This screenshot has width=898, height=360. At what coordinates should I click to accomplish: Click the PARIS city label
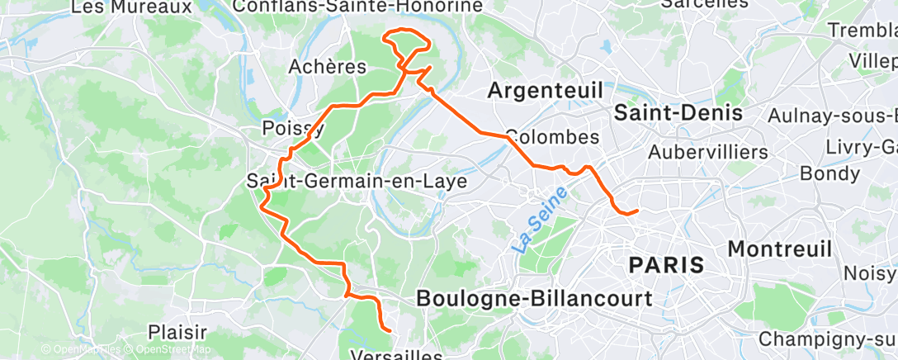pos(666,265)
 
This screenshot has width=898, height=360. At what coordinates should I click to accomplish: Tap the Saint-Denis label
pos(678,112)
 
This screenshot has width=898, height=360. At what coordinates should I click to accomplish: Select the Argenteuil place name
pos(545,90)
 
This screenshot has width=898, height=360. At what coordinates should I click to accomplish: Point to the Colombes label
pos(551,135)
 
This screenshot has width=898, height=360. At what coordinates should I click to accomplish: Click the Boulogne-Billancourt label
pos(534,298)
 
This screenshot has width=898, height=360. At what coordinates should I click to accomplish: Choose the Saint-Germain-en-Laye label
pos(357,180)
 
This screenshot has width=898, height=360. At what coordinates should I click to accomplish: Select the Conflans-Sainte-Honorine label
pos(357,7)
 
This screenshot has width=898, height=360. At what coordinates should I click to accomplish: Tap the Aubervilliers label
pos(708,152)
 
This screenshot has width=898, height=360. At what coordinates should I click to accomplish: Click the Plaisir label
pos(177,332)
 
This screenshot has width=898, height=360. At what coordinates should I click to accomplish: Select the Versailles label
pos(397,354)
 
